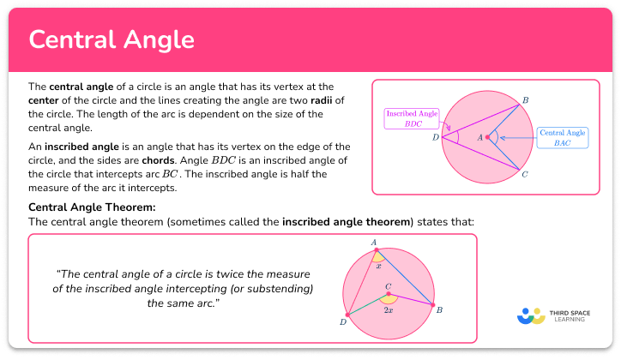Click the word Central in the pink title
point(73,39)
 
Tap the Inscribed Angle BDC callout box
point(411,117)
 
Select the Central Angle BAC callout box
point(561,137)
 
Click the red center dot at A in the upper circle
point(487,136)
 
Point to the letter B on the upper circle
point(526,101)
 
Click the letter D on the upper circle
point(435,136)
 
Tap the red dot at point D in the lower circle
point(347,315)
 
